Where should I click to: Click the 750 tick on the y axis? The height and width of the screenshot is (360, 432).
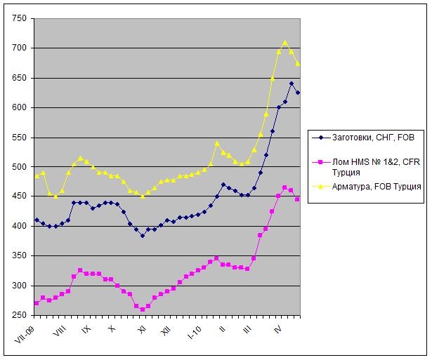coord(18,18)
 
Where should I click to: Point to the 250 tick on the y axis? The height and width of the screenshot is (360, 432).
coord(18,315)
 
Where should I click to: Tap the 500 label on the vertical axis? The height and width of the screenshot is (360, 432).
coord(18,167)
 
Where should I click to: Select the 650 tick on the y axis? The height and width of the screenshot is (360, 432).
coord(18,78)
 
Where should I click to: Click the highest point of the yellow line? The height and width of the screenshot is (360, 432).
coord(285,43)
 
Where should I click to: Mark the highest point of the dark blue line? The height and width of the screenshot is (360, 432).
coord(292,84)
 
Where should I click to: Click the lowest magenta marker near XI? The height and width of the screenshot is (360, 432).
coord(142,309)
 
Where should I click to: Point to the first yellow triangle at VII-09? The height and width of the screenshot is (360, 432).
coord(37,175)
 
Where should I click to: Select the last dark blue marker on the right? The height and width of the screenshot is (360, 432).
coord(298,93)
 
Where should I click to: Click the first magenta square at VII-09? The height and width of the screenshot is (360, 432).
coord(37,303)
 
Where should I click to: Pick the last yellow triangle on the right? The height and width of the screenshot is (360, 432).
coord(298,64)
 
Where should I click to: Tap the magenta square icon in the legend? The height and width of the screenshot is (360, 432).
coord(320,162)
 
